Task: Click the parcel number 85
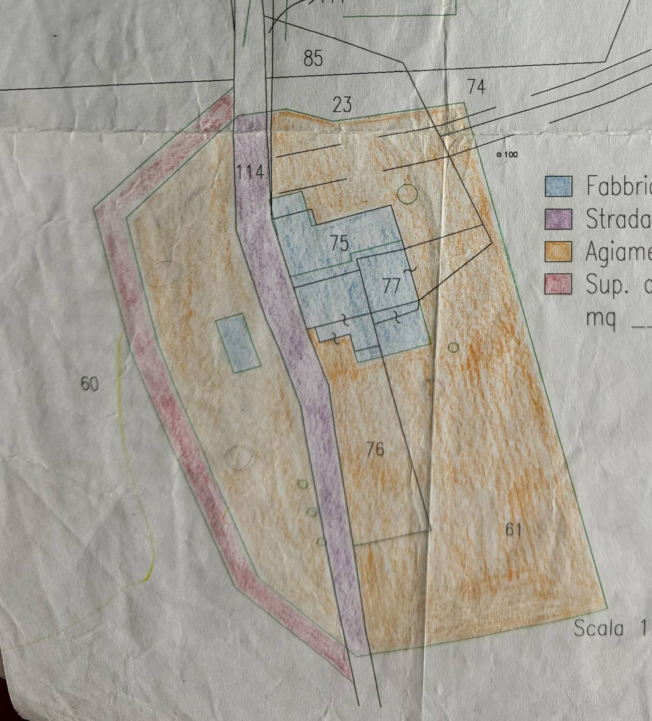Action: point(313,58)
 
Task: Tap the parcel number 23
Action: point(342,104)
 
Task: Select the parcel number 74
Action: point(476,87)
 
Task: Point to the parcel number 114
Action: point(250,172)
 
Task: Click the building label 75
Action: point(339,243)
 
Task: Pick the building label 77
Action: point(391,285)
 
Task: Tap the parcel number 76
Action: point(375,450)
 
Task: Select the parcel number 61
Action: point(514,530)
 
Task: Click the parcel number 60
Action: point(90,384)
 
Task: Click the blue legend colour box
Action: point(558,186)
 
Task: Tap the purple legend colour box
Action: point(558,219)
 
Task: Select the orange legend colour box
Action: point(558,251)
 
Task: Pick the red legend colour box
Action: point(558,284)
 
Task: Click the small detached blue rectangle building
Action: point(238,343)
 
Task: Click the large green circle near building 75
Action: point(407,194)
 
